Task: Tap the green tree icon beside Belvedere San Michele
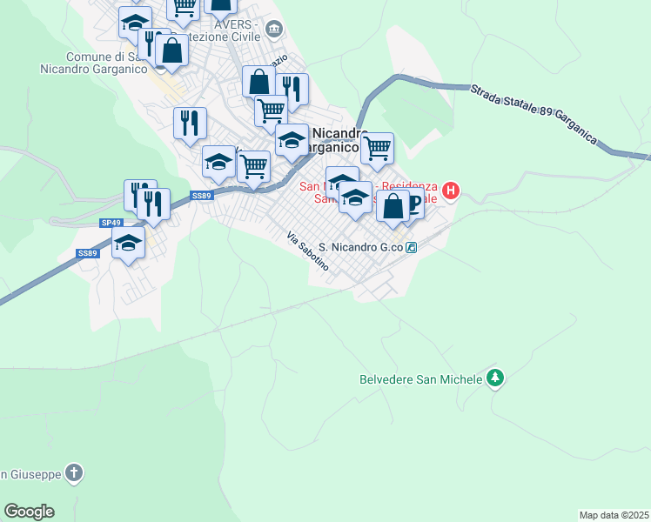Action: (x=495, y=378)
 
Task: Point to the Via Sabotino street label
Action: (x=308, y=251)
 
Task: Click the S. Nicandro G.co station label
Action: (x=361, y=247)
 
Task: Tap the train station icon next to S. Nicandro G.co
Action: (x=411, y=247)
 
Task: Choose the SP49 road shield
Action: (x=111, y=223)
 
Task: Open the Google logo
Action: (x=29, y=512)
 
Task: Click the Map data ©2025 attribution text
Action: (x=614, y=515)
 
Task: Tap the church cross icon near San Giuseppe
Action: (x=75, y=473)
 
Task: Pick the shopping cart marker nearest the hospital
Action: (x=377, y=148)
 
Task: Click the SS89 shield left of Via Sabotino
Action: (x=202, y=196)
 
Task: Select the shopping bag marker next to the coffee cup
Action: (x=393, y=206)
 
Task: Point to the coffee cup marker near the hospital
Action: (x=413, y=203)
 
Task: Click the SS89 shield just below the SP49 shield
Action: (x=86, y=252)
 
